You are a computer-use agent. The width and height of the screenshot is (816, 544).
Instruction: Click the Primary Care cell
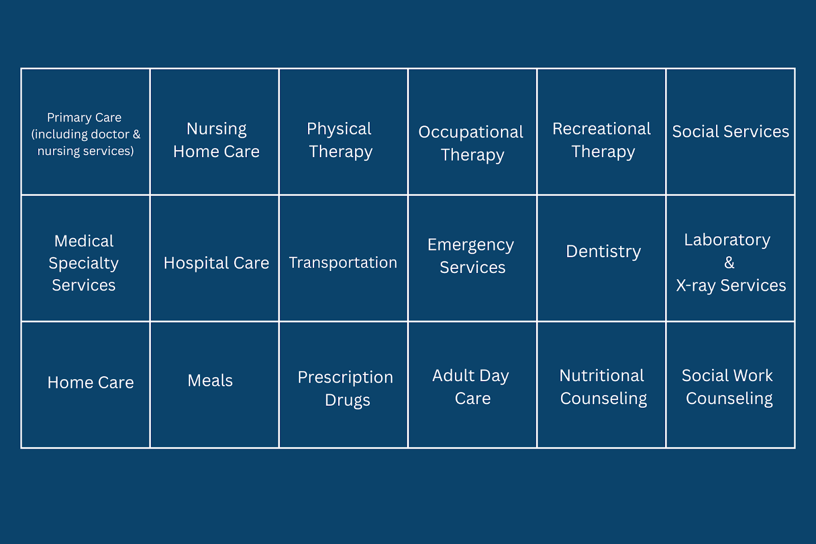86,132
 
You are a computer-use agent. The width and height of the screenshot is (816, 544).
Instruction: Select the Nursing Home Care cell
215,132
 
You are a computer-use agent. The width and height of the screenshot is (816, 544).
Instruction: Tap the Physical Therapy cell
343,132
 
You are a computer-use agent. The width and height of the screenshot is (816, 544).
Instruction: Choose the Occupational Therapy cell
472,132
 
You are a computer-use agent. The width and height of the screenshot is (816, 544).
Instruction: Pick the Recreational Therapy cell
601,132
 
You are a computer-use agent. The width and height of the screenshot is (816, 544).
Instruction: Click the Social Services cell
730,132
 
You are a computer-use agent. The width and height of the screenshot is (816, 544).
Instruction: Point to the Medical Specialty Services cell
86,259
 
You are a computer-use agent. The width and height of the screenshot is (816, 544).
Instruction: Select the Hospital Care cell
215,259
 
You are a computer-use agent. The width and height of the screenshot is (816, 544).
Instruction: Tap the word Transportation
343,262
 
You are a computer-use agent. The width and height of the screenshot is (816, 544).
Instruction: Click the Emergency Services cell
472,259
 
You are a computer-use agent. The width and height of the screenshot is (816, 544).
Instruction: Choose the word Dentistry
603,252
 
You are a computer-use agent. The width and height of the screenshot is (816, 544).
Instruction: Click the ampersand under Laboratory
729,262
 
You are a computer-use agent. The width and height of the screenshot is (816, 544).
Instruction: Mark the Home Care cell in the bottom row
86,385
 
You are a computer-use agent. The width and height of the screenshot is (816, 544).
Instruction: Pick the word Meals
210,381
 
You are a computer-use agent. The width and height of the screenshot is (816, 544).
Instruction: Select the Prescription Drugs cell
343,385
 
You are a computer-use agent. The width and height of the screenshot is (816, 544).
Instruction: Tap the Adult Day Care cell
472,385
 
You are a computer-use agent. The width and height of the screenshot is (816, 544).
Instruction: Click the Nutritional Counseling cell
601,385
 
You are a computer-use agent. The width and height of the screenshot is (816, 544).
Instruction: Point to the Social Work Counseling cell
730,385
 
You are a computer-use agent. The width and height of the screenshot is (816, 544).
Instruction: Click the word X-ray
696,286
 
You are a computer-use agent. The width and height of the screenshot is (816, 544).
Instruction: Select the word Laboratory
727,240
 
